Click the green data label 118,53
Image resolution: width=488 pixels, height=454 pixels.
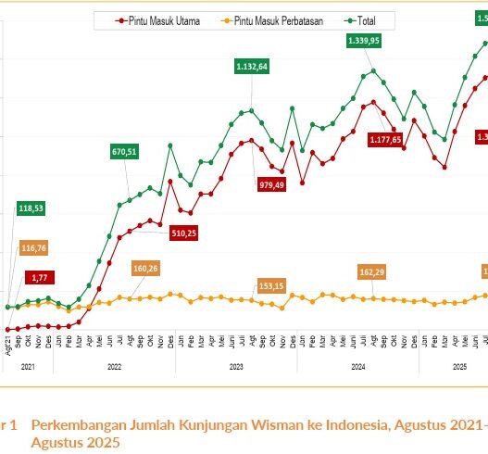click(31, 208)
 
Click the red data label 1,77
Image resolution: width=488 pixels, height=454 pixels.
click(40, 277)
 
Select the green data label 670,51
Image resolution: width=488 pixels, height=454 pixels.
click(123, 152)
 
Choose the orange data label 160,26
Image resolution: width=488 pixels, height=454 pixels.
click(146, 269)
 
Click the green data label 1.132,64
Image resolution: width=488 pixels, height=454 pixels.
click(251, 66)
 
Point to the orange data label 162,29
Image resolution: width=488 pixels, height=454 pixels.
click(372, 271)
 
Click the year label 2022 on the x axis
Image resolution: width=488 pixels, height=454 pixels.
click(114, 367)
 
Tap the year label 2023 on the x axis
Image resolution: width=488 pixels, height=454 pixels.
click(236, 367)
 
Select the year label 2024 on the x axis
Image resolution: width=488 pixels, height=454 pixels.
click(357, 367)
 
